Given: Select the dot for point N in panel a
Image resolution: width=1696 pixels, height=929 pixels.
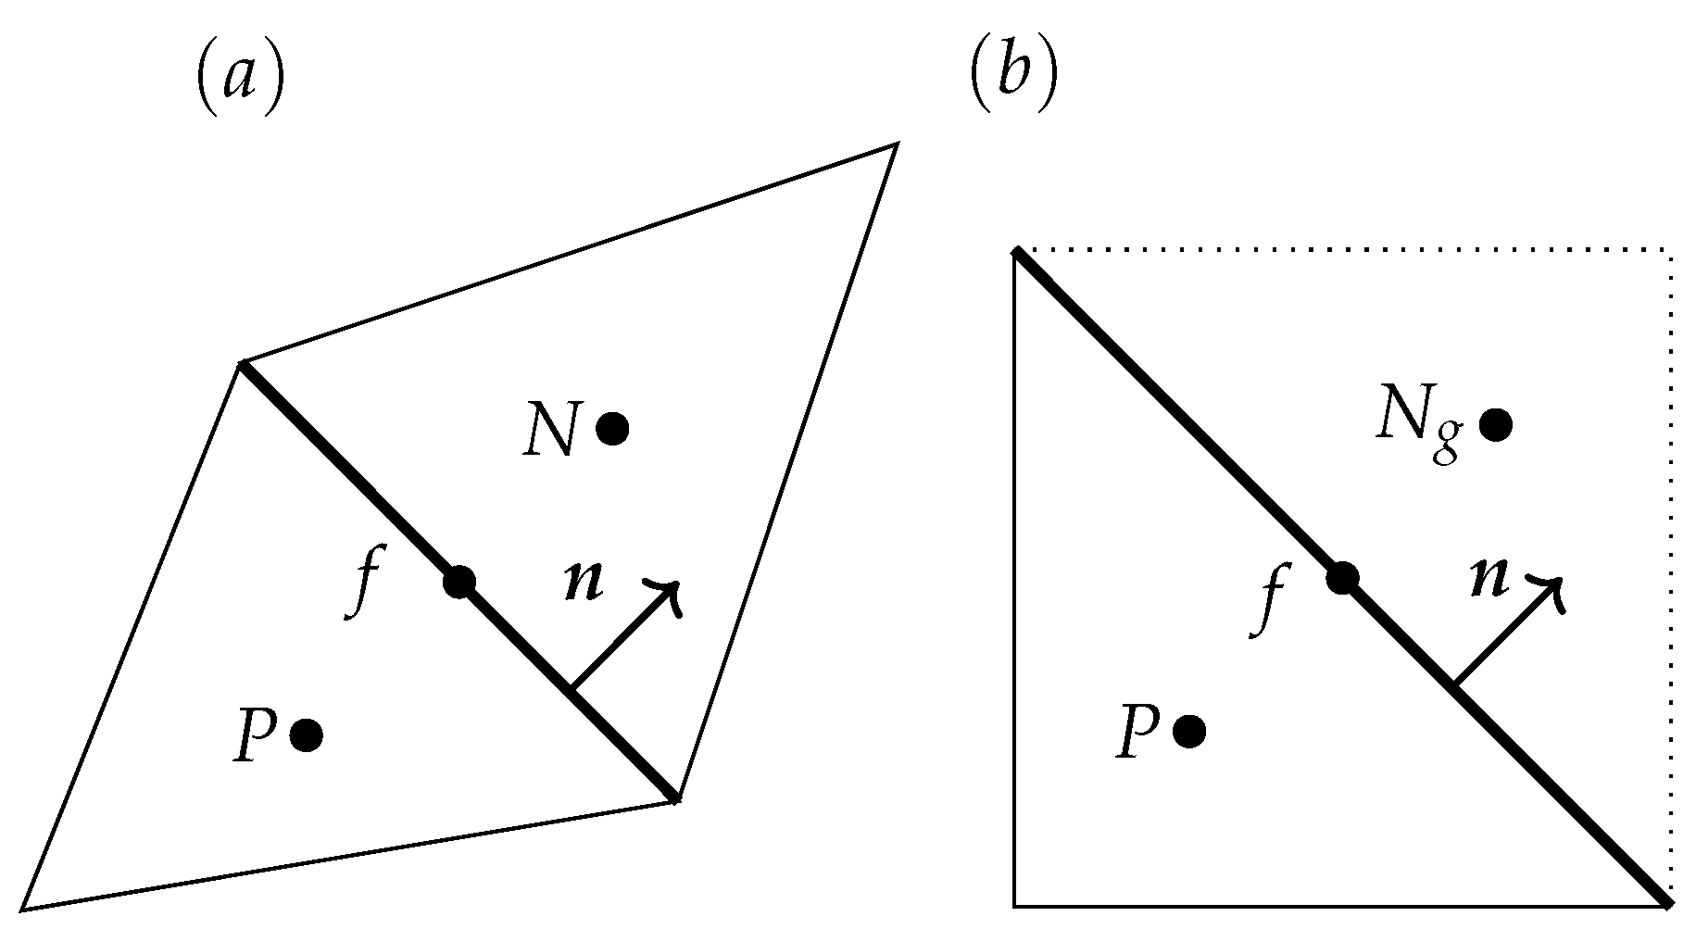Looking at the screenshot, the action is pos(612,428).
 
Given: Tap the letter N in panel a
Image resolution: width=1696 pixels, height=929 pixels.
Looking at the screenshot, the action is pos(551,431).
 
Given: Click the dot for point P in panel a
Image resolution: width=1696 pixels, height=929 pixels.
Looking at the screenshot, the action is pos(306,735).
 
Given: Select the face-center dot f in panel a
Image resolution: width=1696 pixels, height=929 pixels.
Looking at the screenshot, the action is pos(459,583).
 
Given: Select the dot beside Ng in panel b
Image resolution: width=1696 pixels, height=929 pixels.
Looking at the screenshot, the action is pos(1496,425).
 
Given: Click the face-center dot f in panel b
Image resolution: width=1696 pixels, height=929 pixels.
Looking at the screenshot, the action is pos(1342,579).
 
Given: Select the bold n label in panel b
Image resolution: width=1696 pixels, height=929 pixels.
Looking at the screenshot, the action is pos(1490,578).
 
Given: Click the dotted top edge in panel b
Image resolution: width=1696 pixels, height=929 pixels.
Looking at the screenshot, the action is pos(1343,250).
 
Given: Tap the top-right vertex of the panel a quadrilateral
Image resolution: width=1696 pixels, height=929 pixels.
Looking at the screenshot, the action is pos(896,144).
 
